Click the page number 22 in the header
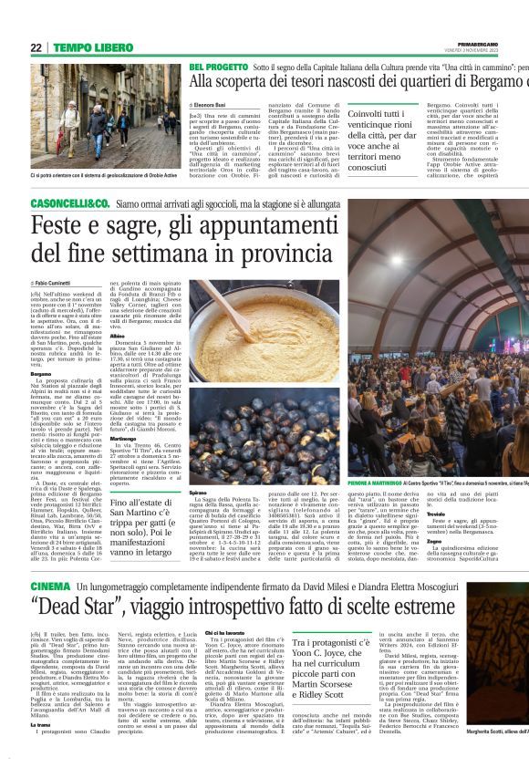(36, 47)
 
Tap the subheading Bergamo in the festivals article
(41, 372)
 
